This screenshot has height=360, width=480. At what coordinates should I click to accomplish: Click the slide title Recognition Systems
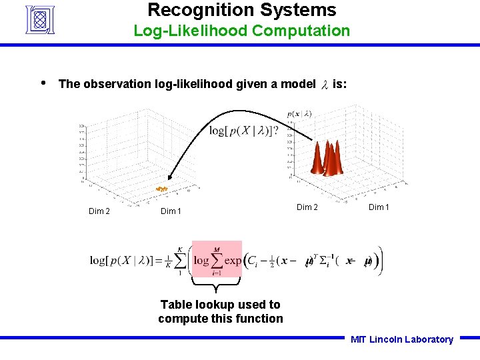point(241,10)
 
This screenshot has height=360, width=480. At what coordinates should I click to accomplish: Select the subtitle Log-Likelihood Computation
point(241,31)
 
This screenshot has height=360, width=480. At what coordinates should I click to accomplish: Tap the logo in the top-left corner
point(43,19)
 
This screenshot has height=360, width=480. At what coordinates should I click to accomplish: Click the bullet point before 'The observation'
point(43,83)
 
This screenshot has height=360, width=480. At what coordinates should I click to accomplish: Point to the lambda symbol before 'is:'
point(325,85)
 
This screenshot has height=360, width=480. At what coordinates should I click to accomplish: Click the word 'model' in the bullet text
point(298,84)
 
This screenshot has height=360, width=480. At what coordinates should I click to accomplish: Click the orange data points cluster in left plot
point(162,189)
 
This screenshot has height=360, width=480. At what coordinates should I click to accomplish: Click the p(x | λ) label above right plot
point(299,113)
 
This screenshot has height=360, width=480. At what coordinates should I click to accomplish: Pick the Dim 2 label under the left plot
point(99,211)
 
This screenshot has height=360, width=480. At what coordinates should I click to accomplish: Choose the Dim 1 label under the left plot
point(171,211)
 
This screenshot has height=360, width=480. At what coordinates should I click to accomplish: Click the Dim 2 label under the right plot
point(307,207)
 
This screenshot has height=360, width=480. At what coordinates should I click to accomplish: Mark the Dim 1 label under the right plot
point(377,207)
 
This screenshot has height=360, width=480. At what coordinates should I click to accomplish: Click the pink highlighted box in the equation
point(217,259)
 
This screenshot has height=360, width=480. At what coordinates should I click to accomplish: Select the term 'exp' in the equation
point(233,260)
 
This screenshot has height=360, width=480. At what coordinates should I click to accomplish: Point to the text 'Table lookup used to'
point(220,305)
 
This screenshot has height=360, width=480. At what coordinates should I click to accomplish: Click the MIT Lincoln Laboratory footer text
point(401,339)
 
